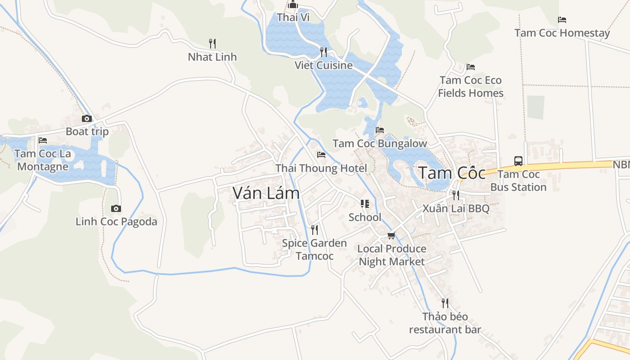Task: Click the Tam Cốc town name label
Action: tap(452, 173)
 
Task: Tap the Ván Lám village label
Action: tap(266, 193)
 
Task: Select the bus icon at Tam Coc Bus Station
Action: tap(518, 161)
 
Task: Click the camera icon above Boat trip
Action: tap(87, 119)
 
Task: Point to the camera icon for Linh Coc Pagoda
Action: tap(116, 208)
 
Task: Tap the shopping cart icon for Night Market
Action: tap(391, 235)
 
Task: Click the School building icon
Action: tap(365, 204)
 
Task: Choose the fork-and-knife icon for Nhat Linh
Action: tap(212, 43)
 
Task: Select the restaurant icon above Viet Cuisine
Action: tap(323, 52)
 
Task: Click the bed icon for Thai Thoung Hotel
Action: tap(321, 155)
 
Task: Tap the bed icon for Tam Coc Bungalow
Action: tap(380, 130)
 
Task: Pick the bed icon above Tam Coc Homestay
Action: tap(562, 19)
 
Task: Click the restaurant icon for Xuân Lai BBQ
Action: tap(456, 195)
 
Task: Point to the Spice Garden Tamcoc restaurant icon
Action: tap(315, 230)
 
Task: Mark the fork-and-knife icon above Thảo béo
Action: tap(445, 303)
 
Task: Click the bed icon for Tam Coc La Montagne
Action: tap(43, 140)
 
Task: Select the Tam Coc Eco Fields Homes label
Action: tap(471, 86)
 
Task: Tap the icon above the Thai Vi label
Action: tap(293, 5)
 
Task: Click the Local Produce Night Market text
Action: tap(391, 255)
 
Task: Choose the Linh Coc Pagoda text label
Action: tap(116, 221)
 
